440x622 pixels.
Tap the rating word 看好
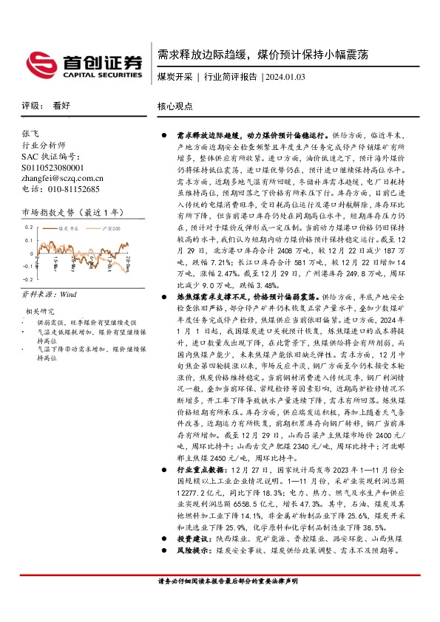pyautogui.click(x=61, y=106)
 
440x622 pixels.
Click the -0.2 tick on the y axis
pyautogui.click(x=28, y=280)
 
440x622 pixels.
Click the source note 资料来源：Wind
pyautogui.click(x=49, y=294)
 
